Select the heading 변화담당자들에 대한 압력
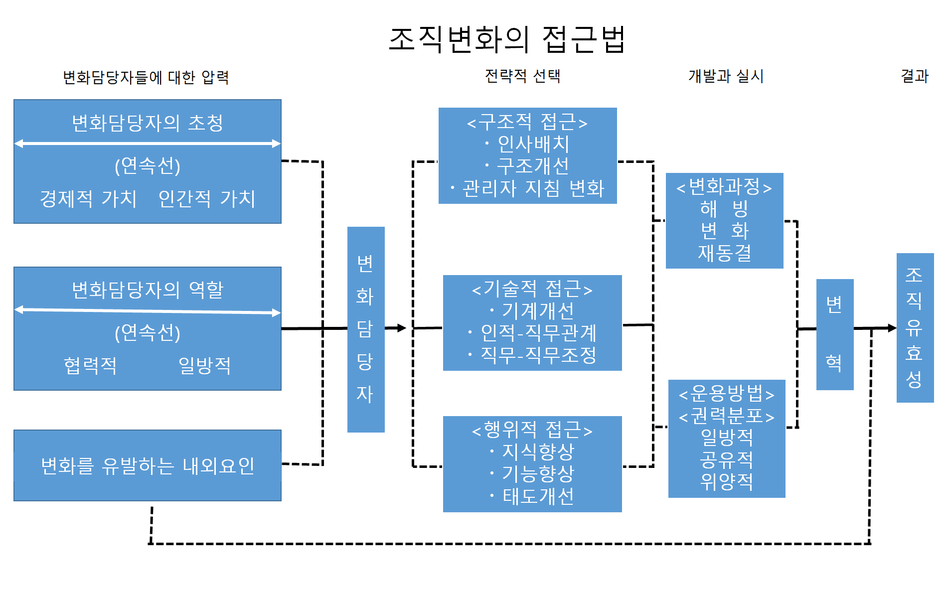[x=146, y=77]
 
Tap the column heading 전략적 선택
[x=522, y=76]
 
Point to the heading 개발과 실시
[x=726, y=76]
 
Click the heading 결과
[x=914, y=76]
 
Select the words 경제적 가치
[x=88, y=198]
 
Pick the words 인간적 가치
[x=206, y=198]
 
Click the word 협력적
[x=90, y=365]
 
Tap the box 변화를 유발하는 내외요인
[x=148, y=465]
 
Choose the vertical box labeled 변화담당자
[x=366, y=329]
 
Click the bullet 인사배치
[x=533, y=144]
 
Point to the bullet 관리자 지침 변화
[x=533, y=188]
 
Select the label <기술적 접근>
[x=532, y=289]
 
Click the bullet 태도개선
[x=538, y=496]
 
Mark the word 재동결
[x=724, y=253]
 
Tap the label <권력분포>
[x=727, y=416]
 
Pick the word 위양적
[x=727, y=481]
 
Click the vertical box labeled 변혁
[x=835, y=334]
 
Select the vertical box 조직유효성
[x=915, y=327]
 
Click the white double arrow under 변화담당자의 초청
[x=148, y=144]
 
